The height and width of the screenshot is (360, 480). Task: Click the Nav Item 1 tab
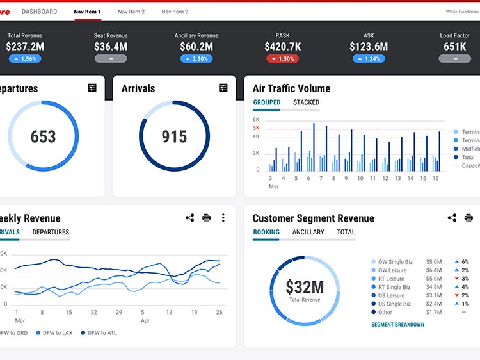[88, 12]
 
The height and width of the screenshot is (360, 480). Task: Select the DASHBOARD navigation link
[39, 12]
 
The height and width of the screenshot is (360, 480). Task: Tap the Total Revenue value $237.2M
[25, 46]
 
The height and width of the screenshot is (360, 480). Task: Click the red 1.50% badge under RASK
[282, 59]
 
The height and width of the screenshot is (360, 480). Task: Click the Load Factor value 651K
[455, 46]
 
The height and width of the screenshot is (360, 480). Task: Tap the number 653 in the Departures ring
[43, 136]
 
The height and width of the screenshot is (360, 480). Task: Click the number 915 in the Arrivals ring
[174, 136]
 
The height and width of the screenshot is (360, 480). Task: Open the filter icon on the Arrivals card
[223, 88]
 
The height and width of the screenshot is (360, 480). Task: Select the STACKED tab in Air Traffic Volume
[306, 102]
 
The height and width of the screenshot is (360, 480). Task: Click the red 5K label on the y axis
[256, 128]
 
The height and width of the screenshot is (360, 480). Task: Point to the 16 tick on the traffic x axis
[435, 179]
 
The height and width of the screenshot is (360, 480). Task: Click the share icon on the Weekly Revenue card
[189, 218]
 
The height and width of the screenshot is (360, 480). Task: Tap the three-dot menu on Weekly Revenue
[223, 218]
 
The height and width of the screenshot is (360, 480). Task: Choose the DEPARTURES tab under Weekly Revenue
[51, 232]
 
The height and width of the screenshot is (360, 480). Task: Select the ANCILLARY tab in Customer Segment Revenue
[308, 232]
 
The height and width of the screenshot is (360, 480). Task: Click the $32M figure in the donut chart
[305, 287]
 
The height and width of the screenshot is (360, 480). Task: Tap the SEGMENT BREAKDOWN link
[397, 325]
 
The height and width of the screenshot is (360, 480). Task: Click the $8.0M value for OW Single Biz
[434, 262]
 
